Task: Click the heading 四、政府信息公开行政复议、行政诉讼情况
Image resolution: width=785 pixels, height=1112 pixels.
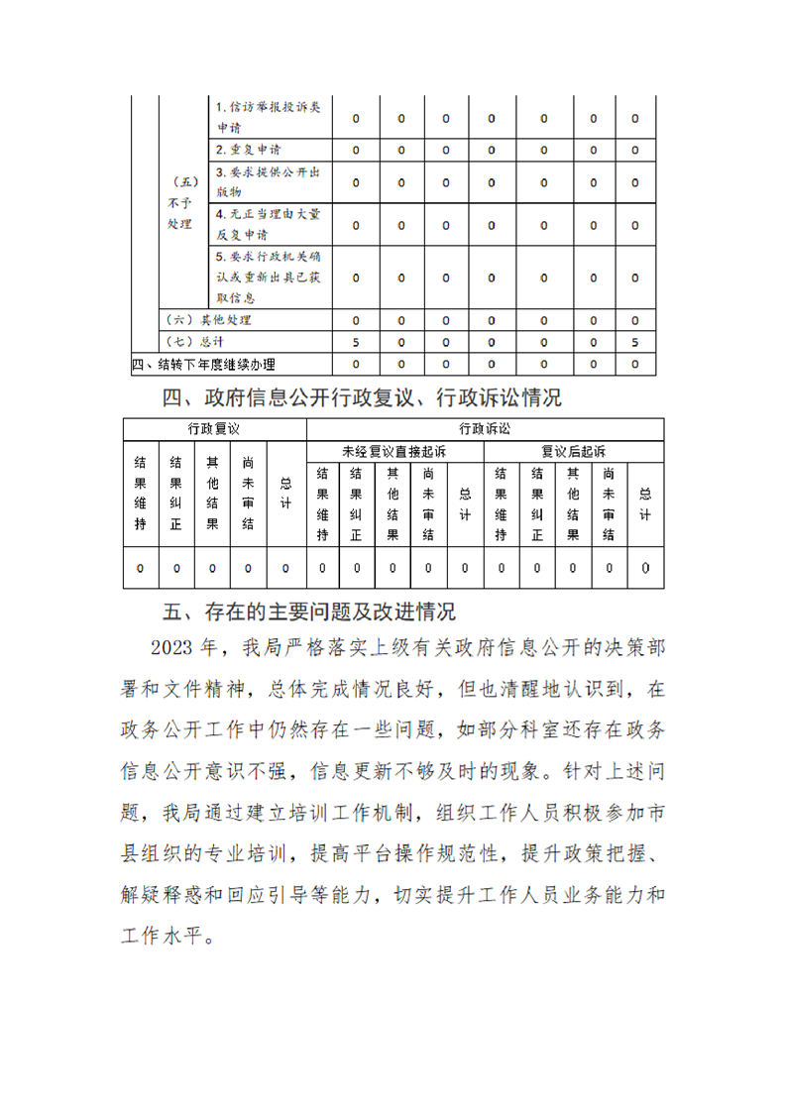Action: pyautogui.click(x=362, y=398)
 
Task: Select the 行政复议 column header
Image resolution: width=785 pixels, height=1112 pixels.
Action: pyautogui.click(x=215, y=429)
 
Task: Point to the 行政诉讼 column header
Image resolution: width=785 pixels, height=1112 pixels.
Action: pyautogui.click(x=485, y=429)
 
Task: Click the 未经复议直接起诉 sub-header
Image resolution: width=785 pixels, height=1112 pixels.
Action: pyautogui.click(x=394, y=451)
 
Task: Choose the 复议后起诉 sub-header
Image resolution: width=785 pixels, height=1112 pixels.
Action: pyautogui.click(x=574, y=451)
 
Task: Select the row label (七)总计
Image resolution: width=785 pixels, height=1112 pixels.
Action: pyautogui.click(x=198, y=342)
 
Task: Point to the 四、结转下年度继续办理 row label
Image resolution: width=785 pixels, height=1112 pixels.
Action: pyautogui.click(x=204, y=365)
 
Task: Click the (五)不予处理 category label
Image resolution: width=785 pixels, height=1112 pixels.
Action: pyautogui.click(x=180, y=203)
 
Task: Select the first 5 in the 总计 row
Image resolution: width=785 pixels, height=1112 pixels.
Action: pyautogui.click(x=356, y=342)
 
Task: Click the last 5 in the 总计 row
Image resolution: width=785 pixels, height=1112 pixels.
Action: pyautogui.click(x=634, y=342)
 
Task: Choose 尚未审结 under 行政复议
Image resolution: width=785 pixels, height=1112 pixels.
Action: pyautogui.click(x=249, y=494)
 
